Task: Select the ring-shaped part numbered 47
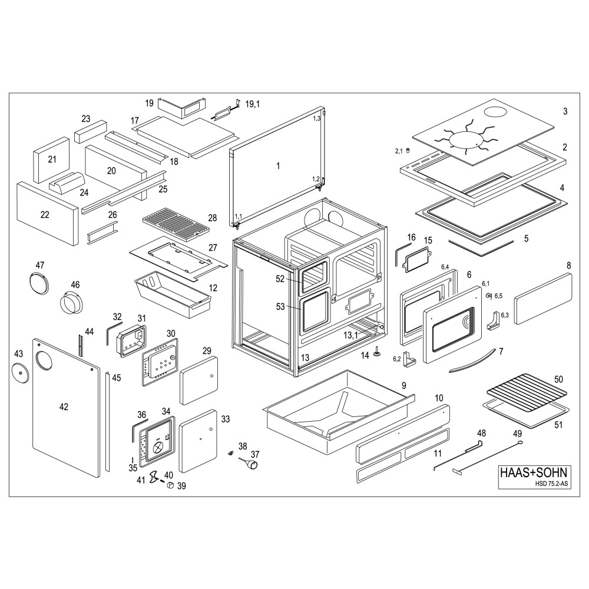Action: click(39, 282)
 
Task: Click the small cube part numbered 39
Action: click(169, 485)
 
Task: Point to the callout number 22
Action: click(45, 215)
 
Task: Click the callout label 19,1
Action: click(253, 104)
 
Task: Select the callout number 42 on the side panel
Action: click(64, 406)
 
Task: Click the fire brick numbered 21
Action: click(52, 160)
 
